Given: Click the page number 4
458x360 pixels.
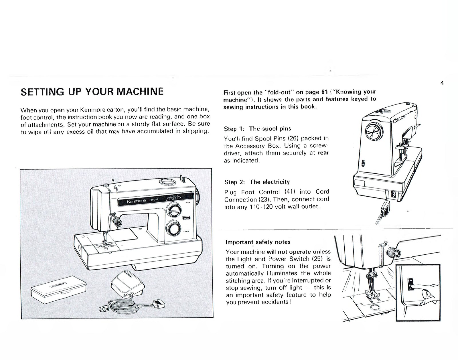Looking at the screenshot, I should (442, 83).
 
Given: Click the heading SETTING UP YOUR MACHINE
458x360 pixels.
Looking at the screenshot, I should (92, 92).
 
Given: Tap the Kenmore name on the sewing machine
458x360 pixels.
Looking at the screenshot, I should (136, 201).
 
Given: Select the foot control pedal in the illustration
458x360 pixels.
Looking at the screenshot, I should (127, 283).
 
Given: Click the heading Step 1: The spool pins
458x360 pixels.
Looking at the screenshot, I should (257, 129).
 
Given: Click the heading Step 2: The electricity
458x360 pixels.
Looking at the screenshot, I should (257, 182).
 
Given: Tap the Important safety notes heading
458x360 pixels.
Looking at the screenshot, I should (258, 242).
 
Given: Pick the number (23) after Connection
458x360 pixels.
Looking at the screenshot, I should (265, 199).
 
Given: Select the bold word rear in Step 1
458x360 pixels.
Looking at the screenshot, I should (323, 153).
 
